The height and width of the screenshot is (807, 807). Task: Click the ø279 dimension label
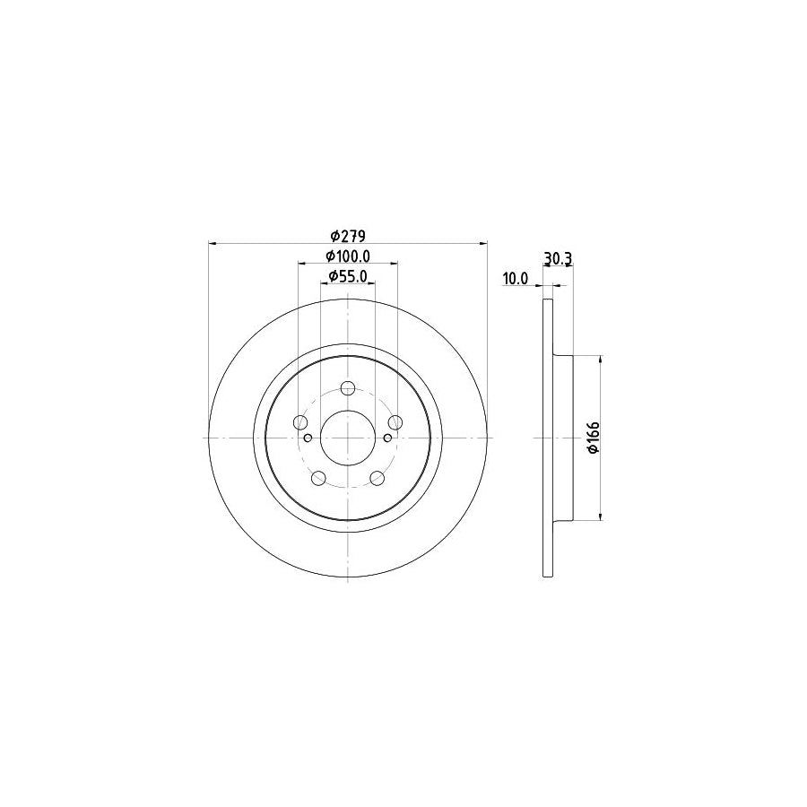tap(346, 236)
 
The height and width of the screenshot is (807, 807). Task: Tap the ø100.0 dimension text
tap(347, 257)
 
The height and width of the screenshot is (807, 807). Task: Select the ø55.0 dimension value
tap(347, 276)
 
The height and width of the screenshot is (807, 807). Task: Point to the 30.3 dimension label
tap(558, 259)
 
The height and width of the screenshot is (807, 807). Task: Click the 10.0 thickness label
tap(515, 279)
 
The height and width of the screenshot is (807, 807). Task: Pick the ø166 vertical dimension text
tap(593, 437)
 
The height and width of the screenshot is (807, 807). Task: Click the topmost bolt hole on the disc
tap(348, 388)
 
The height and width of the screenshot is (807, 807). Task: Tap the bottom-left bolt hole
tap(318, 478)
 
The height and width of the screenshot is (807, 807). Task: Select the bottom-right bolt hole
tap(377, 478)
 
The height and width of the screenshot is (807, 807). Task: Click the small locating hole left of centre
tap(308, 438)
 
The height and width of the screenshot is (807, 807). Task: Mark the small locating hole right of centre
tap(386, 438)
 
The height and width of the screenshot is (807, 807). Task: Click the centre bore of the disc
tap(347, 437)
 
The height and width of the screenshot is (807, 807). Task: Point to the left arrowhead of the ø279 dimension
tap(212, 242)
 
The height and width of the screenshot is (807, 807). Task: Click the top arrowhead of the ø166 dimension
tap(600, 359)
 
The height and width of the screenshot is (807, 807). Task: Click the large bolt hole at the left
tap(299, 423)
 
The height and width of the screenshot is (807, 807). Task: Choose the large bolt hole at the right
tap(395, 423)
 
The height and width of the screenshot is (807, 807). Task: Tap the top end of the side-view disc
tap(548, 301)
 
